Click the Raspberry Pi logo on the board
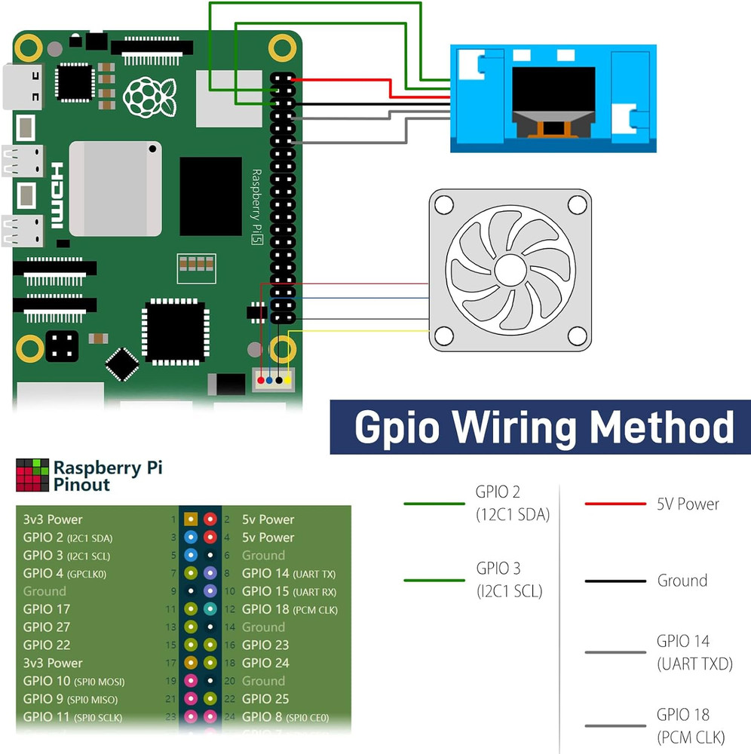tap(149, 97)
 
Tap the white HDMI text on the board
tap(57, 196)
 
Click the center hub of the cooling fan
tap(510, 269)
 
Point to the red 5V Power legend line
tap(615, 504)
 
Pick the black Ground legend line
tap(615, 581)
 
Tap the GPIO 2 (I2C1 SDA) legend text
tap(512, 503)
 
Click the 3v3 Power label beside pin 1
tap(53, 520)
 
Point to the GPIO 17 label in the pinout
tap(47, 609)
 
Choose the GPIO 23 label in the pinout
tap(266, 645)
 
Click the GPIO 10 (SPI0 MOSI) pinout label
tap(74, 682)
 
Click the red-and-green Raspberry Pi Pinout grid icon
tap(31, 474)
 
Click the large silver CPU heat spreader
tap(115, 188)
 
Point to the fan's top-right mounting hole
tap(577, 204)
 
